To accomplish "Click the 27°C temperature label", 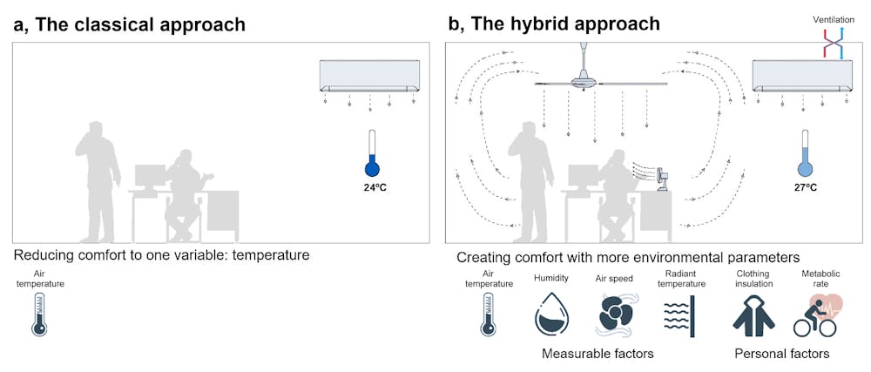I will [x=805, y=186].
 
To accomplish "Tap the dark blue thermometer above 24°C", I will [x=374, y=154].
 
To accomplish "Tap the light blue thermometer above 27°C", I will [x=805, y=154].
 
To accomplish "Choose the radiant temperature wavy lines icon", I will [x=679, y=314].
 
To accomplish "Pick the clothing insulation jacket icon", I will [x=753, y=314].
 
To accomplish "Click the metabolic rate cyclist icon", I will [x=814, y=315].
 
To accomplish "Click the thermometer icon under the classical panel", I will [x=38, y=314].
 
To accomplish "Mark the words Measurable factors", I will [x=597, y=354].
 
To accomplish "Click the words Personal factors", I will [x=781, y=354].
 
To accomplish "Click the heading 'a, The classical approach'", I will [x=129, y=24].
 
